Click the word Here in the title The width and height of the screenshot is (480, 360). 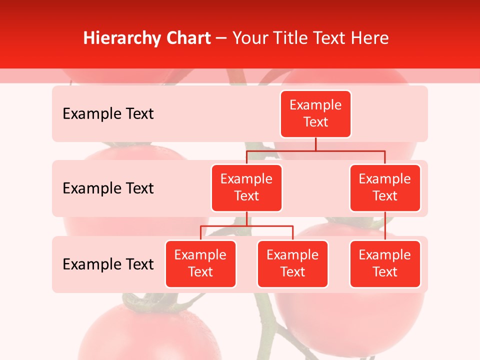(x=370, y=38)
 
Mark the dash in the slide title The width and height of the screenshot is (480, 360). (x=221, y=39)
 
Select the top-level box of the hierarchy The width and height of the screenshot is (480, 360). (x=315, y=114)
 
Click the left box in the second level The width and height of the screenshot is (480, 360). (x=246, y=188)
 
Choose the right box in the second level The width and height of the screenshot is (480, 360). (x=385, y=188)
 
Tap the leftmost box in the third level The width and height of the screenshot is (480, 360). (x=200, y=264)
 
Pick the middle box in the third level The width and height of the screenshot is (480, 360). (x=292, y=264)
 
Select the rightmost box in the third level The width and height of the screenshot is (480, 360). (x=385, y=264)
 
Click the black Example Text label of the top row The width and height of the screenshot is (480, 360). (x=108, y=114)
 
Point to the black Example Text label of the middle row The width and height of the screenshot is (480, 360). (x=108, y=188)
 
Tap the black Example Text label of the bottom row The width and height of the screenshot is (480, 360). (x=108, y=264)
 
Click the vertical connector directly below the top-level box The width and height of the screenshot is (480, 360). (x=315, y=144)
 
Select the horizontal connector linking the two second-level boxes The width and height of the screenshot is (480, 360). (x=315, y=150)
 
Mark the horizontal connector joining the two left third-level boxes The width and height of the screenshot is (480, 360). (x=246, y=226)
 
